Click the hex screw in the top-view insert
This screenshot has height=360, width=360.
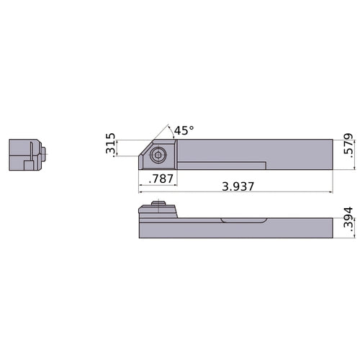pyautogui.click(x=158, y=154)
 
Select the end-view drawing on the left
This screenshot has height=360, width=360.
pyautogui.click(x=27, y=154)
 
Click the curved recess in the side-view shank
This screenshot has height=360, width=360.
pyautogui.click(x=245, y=220)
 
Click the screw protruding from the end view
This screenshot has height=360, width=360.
pyautogui.click(x=45, y=152)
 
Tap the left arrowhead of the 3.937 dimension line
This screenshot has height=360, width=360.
pyautogui.click(x=140, y=192)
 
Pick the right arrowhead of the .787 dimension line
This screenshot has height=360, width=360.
pyautogui.click(x=175, y=184)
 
